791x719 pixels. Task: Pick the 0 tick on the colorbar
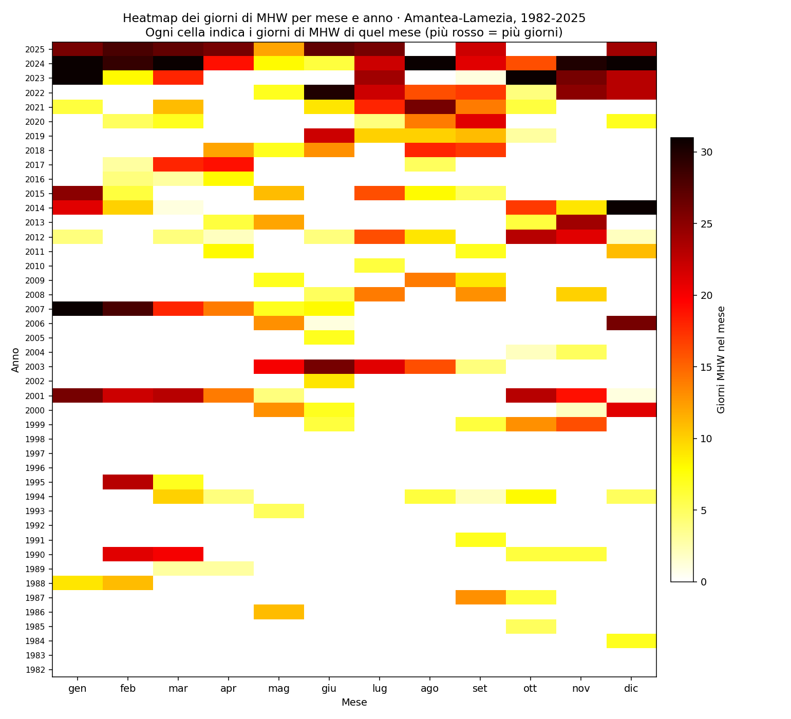coord(702,582)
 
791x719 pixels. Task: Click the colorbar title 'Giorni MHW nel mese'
coord(721,359)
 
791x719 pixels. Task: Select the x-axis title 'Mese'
coord(354,703)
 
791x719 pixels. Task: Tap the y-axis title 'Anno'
coord(15,359)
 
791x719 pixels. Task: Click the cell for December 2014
coord(631,207)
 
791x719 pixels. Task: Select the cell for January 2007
coord(77,309)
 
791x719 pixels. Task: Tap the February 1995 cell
coord(127,482)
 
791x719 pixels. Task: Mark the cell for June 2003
coord(329,367)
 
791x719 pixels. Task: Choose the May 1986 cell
coord(278,612)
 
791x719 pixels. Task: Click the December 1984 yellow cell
coord(631,641)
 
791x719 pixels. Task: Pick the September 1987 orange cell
coord(480,598)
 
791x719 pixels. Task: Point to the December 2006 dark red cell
coord(631,323)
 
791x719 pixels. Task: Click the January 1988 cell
coord(77,583)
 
